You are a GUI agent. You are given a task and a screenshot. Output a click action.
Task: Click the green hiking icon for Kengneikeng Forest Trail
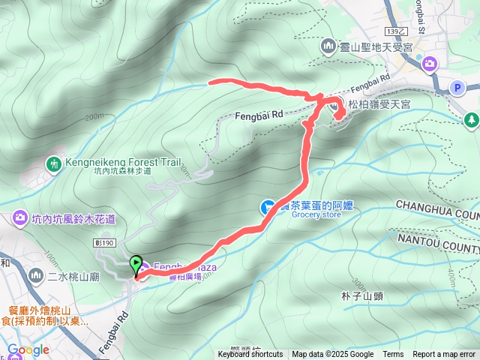53,163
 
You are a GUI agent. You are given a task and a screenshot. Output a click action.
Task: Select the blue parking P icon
457,88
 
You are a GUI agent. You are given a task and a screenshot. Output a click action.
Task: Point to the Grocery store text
316,215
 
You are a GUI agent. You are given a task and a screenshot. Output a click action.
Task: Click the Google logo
28,349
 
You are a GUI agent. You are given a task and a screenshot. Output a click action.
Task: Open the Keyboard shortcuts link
250,355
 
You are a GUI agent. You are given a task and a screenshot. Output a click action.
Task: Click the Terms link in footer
393,355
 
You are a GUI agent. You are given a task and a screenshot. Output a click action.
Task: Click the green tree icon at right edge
472,118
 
